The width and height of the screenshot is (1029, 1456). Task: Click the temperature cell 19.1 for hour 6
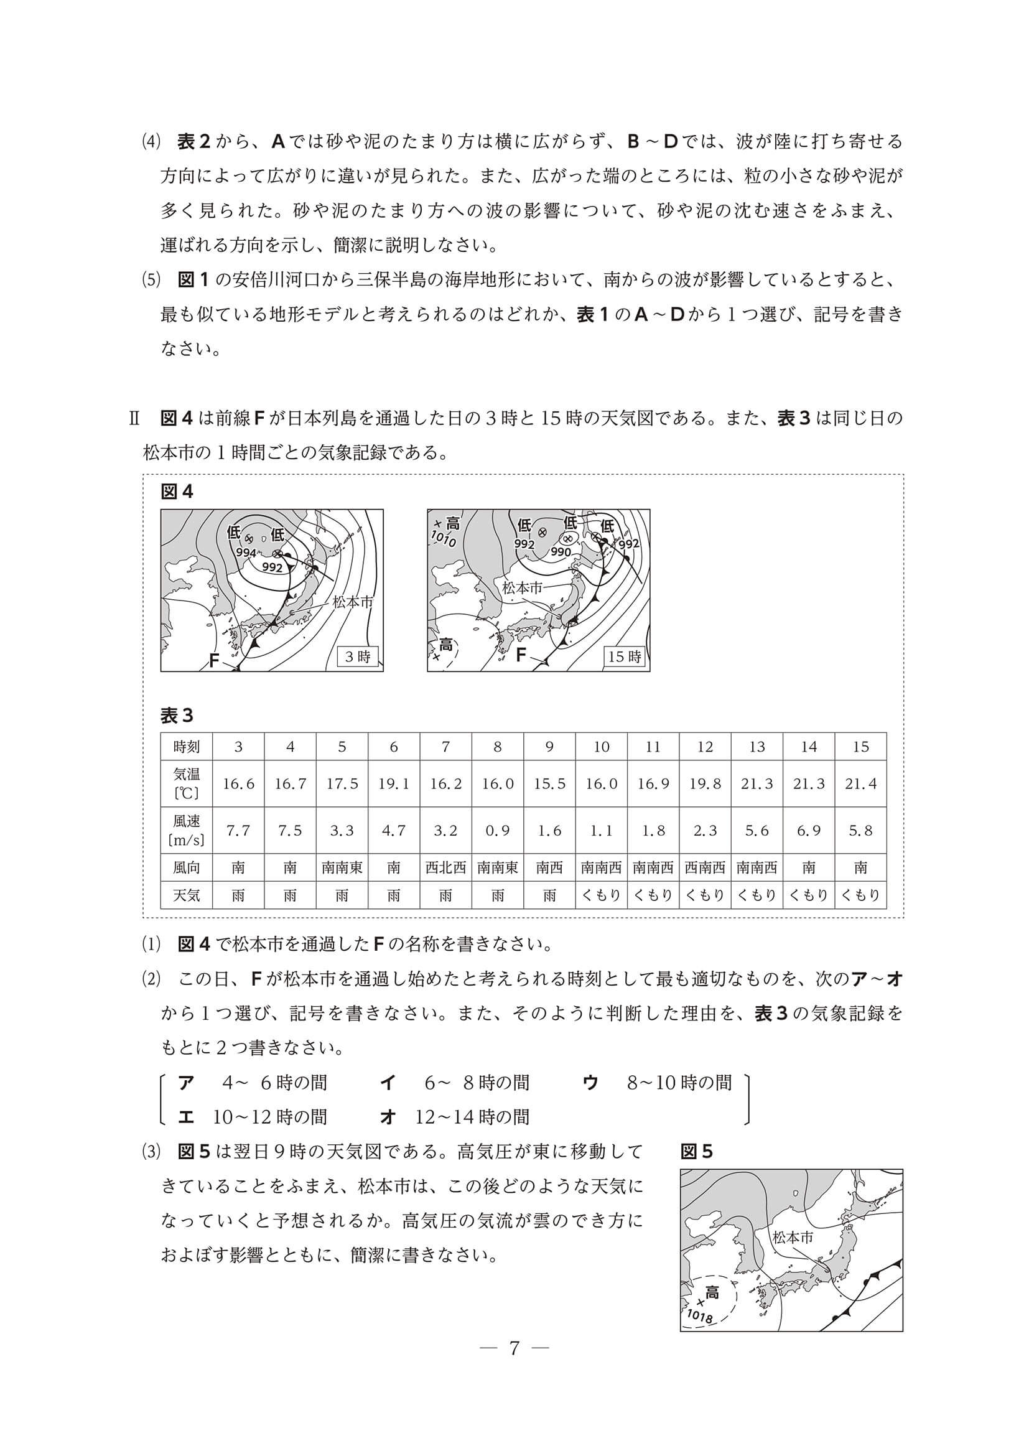point(394,784)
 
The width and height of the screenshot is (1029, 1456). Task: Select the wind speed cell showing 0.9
point(498,830)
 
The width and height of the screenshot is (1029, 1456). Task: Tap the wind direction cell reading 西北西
point(445,867)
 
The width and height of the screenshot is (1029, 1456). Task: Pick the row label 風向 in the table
point(187,867)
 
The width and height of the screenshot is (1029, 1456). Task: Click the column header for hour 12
point(705,747)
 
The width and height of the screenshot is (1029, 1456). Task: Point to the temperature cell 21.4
point(860,784)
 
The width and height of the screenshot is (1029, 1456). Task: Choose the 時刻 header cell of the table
point(187,747)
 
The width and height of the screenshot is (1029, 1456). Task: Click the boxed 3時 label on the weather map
point(358,656)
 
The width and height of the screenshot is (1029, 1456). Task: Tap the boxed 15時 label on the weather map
point(625,656)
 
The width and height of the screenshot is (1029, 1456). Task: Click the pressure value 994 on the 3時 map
point(246,553)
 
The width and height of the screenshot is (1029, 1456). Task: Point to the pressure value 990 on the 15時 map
point(561,553)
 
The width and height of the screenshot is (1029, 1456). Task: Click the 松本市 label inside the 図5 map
point(793,1236)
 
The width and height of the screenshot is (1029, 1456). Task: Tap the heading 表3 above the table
point(177,716)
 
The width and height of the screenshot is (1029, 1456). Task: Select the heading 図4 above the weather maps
point(177,492)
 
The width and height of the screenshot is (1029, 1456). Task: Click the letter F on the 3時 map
point(214,661)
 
